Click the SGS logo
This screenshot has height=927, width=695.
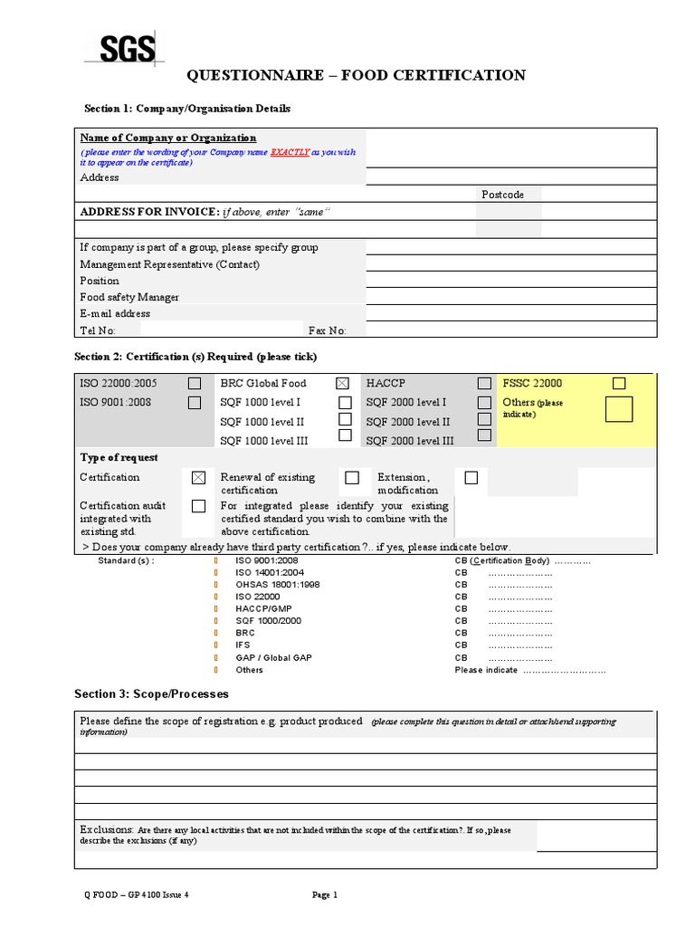[119, 47]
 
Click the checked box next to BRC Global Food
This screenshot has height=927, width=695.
[342, 384]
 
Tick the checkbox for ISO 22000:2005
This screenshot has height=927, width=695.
[195, 384]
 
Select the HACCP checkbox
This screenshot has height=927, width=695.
[485, 384]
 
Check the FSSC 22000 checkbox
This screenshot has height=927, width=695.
[619, 384]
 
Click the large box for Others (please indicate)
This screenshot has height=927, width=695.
[619, 409]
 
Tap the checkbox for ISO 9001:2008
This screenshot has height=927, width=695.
[195, 403]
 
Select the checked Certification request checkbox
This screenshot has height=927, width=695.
[199, 477]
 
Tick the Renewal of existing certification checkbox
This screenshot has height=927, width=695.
[352, 477]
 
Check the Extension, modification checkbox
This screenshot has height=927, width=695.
[471, 477]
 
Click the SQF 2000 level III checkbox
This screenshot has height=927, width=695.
[485, 435]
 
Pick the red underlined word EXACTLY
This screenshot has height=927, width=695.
[290, 153]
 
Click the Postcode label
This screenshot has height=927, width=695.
[502, 195]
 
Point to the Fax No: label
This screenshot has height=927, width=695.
[327, 330]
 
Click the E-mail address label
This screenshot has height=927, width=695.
[115, 313]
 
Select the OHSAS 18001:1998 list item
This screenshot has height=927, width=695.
[264, 585]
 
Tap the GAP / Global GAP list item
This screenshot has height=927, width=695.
[273, 657]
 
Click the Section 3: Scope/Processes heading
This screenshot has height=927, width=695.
[151, 694]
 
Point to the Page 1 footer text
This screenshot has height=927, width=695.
[325, 895]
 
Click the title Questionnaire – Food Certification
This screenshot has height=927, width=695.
[356, 75]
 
